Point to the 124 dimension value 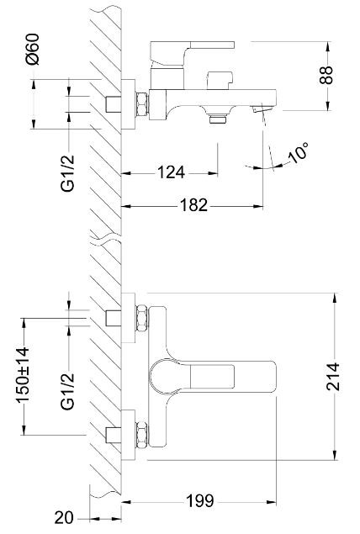point(171,173)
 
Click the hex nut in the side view point(142,103)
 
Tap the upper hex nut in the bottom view point(142,318)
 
